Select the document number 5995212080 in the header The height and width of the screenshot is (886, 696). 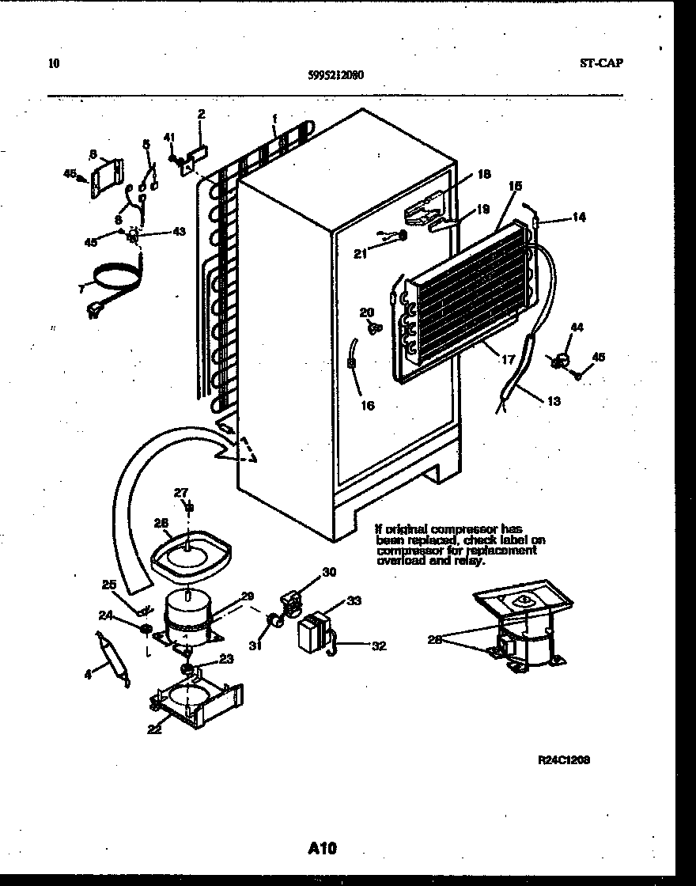[336, 76]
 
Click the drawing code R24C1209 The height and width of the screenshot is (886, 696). [563, 760]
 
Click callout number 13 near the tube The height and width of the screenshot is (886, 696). [553, 401]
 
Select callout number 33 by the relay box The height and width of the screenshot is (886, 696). [354, 600]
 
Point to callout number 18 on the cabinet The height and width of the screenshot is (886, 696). [484, 174]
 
